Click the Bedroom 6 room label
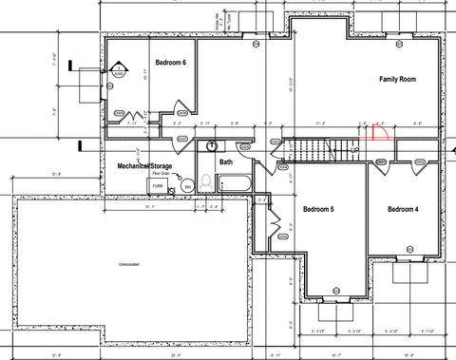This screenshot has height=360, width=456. (144, 62)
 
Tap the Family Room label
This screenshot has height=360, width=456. (398, 79)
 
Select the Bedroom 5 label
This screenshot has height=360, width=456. (319, 209)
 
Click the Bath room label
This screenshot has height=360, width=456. (226, 161)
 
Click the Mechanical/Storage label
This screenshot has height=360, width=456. (143, 165)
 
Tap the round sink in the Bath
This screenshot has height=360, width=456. (212, 146)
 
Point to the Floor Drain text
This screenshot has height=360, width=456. (158, 175)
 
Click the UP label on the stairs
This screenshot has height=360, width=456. (353, 149)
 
